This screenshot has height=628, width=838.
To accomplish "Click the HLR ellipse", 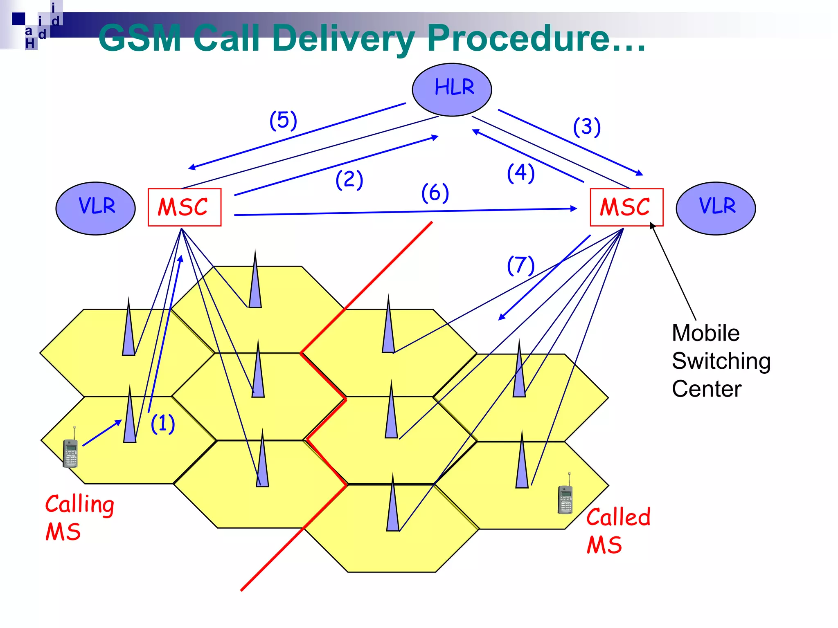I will click(452, 90).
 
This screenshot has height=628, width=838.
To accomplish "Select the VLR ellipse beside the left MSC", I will click(96, 208).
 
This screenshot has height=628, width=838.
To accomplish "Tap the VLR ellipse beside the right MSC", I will click(716, 208).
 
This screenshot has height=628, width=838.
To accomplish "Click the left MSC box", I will click(185, 207).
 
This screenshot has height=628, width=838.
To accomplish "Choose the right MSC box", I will click(626, 207).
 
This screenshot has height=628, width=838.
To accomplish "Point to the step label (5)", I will click(283, 121).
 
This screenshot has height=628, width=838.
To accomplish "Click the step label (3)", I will click(587, 127).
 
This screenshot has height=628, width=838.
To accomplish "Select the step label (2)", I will click(349, 180).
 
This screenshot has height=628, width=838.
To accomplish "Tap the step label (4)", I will click(520, 173).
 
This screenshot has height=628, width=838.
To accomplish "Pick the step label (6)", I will click(435, 193).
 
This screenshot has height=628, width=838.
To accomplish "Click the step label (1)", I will click(163, 423).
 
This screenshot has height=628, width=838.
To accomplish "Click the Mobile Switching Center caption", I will click(720, 361).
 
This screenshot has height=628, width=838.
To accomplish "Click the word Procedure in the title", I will click(518, 38).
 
